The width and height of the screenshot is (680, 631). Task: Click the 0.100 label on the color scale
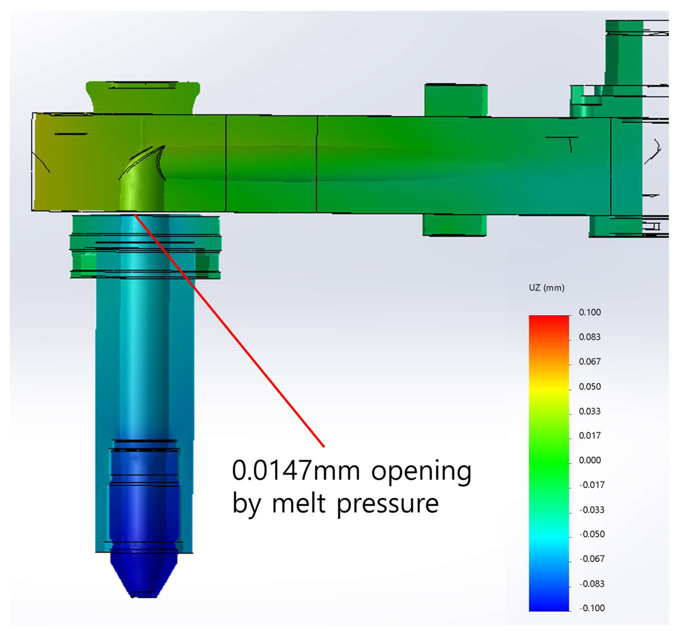pyautogui.click(x=589, y=312)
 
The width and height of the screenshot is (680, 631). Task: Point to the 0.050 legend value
pyautogui.click(x=589, y=387)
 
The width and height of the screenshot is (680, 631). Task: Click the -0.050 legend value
pyautogui.click(x=592, y=534)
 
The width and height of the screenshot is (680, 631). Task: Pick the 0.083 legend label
pyautogui.click(x=589, y=337)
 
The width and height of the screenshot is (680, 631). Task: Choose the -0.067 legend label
pyautogui.click(x=592, y=559)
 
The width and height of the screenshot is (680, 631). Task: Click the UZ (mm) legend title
pyautogui.click(x=546, y=288)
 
